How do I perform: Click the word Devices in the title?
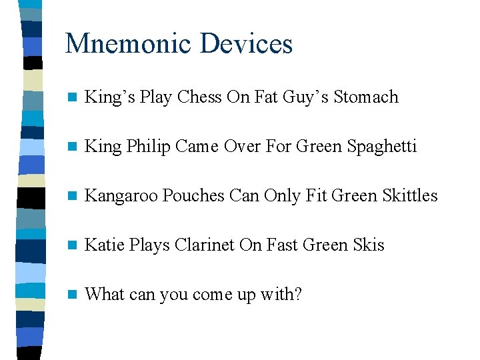pos(247,44)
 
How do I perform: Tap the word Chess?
pos(199,97)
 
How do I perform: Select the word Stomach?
pos(366,97)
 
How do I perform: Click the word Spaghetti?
pos(381,146)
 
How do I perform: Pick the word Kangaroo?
pos(122,195)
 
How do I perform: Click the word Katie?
pos(102,245)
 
